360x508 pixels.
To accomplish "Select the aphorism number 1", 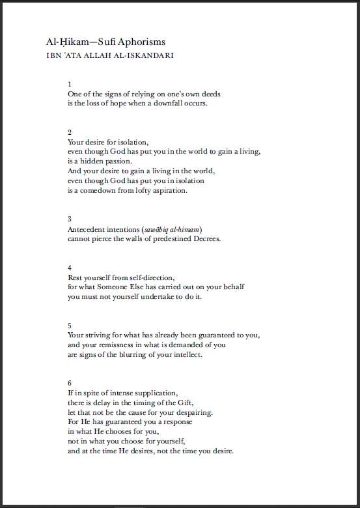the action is (x=70, y=84).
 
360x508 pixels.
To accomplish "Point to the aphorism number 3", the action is (x=70, y=219).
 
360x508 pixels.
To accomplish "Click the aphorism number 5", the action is (x=70, y=325).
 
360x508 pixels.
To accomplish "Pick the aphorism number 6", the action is (x=70, y=382).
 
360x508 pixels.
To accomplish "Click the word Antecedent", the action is (x=87, y=229).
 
